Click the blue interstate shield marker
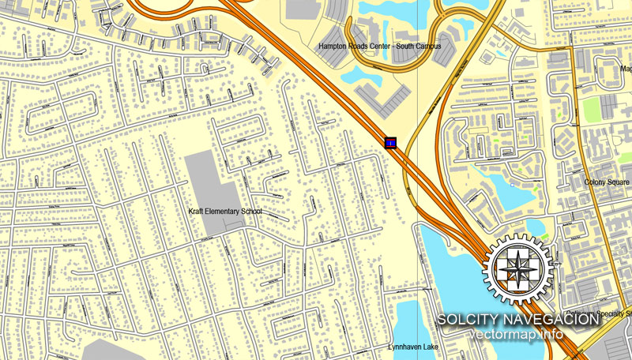tap(390, 142)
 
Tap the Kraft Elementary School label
tap(224, 212)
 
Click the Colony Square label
tap(607, 182)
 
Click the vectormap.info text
tap(517, 334)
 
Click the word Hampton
tap(335, 47)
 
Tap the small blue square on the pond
tap(513, 187)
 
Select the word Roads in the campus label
tap(366, 47)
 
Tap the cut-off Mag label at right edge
tap(626, 69)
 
